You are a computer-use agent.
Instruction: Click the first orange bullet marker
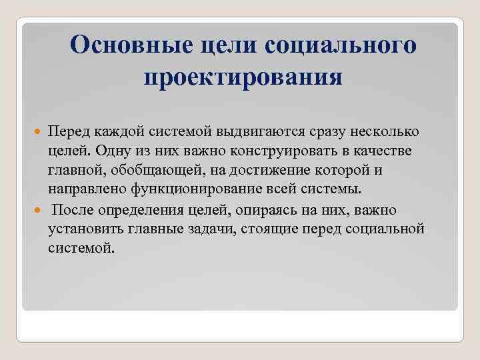[x=39, y=133]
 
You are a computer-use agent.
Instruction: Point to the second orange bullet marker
[x=39, y=211]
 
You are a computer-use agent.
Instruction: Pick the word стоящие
[x=277, y=229]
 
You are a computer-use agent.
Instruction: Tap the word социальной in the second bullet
[x=387, y=229]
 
